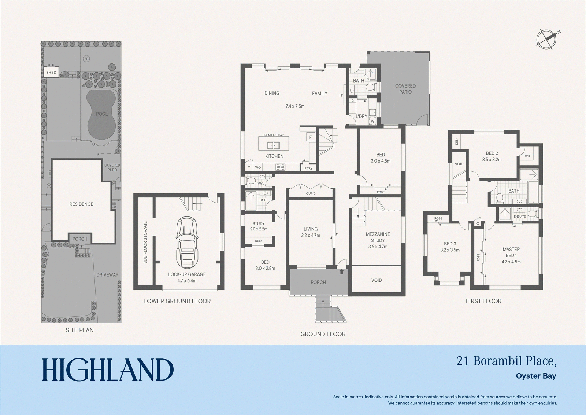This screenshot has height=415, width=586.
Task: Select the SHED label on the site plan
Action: click(51, 72)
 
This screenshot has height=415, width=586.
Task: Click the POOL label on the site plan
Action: click(102, 114)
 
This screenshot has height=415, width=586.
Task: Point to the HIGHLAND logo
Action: click(108, 370)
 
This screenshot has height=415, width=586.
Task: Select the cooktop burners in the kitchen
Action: click(281, 167)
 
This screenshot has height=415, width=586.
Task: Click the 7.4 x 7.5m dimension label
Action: click(295, 106)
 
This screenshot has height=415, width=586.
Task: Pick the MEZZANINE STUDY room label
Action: click(378, 237)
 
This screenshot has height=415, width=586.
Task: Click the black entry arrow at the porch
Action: click(341, 272)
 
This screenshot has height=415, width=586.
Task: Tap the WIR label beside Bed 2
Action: click(528, 157)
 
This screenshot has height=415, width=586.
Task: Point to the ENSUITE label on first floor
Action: click(520, 216)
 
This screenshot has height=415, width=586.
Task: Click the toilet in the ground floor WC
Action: click(251, 181)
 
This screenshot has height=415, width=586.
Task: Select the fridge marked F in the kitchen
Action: click(311, 137)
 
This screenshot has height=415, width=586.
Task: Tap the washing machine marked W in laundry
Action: click(372, 121)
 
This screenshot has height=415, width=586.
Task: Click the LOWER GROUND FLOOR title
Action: click(177, 301)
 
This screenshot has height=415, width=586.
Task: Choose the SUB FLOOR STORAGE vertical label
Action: click(145, 242)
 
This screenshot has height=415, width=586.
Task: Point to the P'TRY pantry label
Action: click(308, 168)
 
